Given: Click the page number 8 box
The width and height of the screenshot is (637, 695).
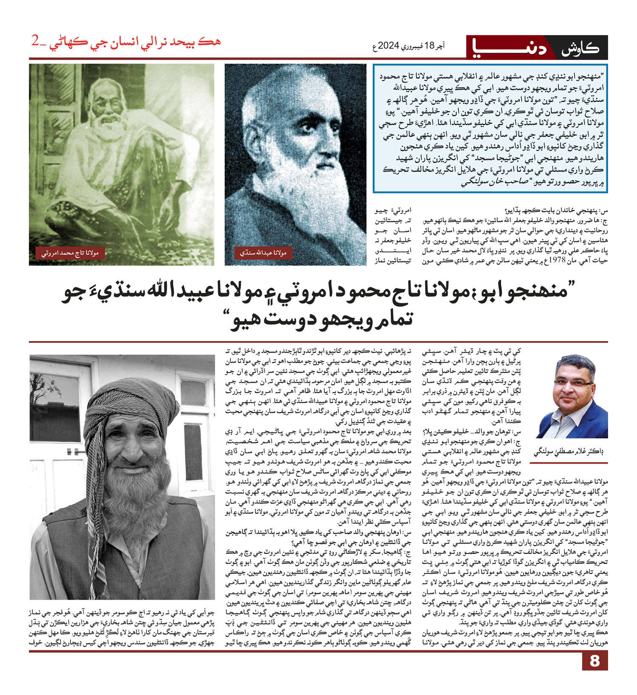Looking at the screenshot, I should tap(595, 661).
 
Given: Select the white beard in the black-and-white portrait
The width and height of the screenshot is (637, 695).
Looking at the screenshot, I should tap(297, 178).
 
